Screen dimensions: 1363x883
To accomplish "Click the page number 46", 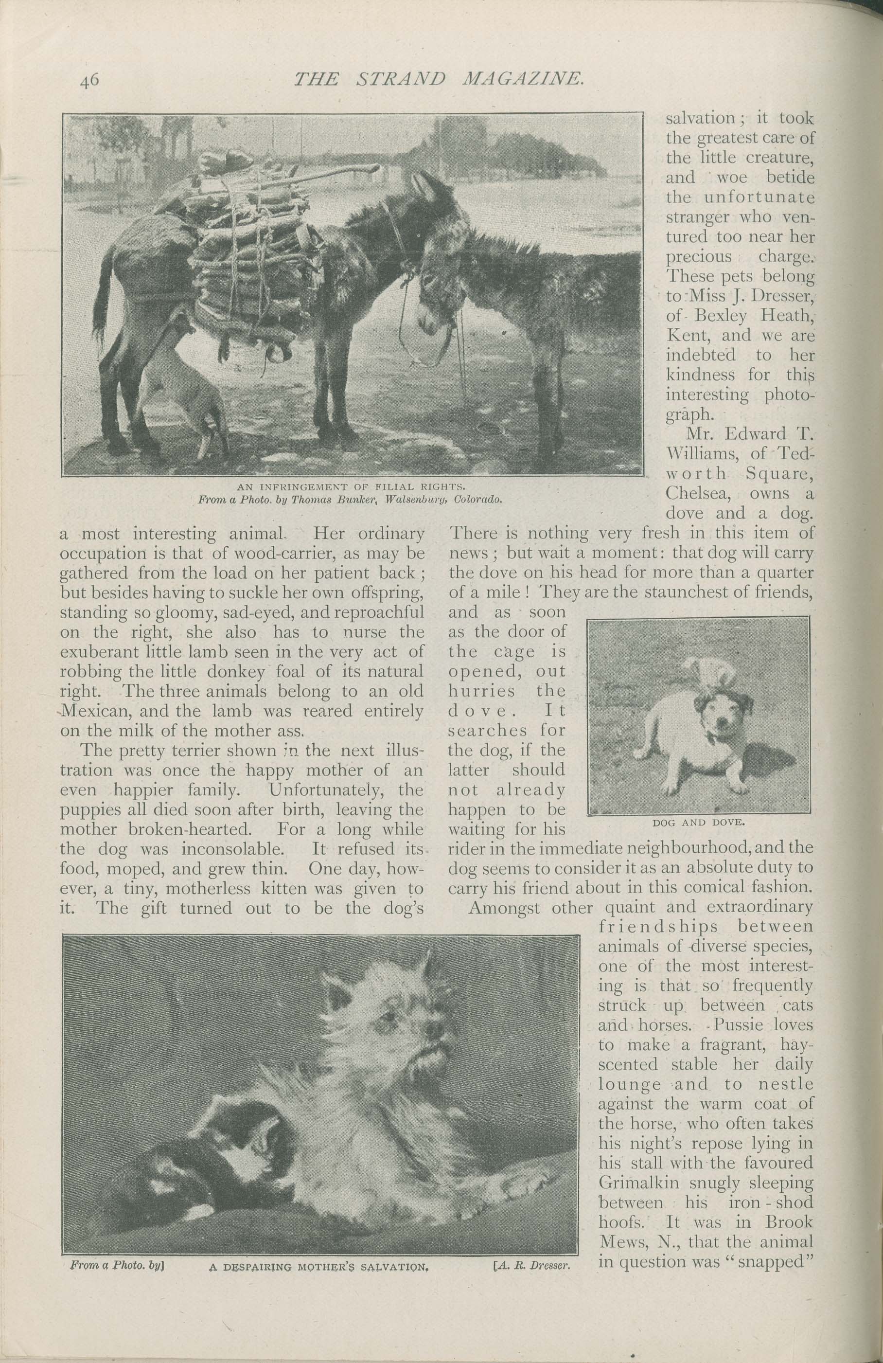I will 90,80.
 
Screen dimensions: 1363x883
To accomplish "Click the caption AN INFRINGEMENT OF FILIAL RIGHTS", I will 350,488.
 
